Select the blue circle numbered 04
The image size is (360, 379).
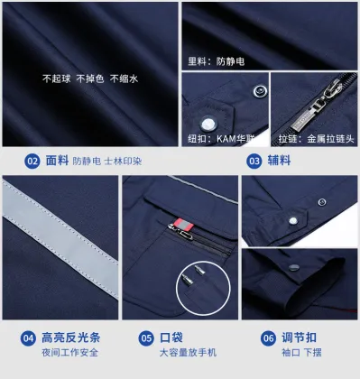[x=28, y=338]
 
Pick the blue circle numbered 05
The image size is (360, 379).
[x=145, y=338]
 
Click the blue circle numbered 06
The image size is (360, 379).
[x=268, y=338]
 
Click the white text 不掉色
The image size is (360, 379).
[x=91, y=79]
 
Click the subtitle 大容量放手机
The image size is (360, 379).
[x=188, y=353]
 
